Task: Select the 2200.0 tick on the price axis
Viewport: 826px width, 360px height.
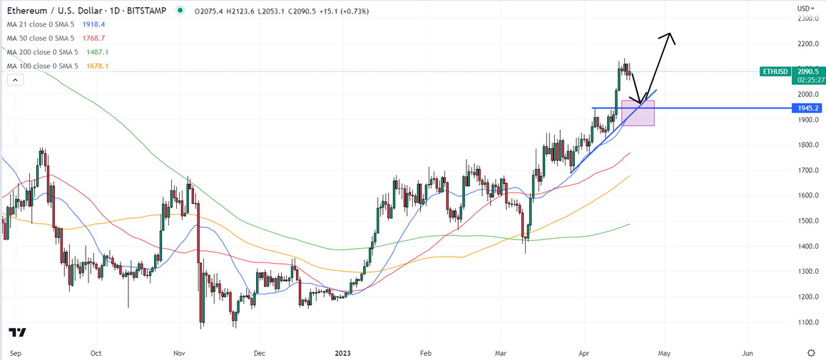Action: pyautogui.click(x=807, y=44)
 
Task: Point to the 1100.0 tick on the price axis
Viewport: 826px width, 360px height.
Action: pyautogui.click(x=807, y=322)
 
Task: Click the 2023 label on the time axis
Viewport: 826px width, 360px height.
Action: pyautogui.click(x=343, y=352)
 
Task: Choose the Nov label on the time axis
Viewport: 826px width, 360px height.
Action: pyautogui.click(x=179, y=352)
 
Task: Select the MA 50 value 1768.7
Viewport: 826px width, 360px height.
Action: pyautogui.click(x=94, y=38)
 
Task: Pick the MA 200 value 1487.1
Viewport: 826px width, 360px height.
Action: pyautogui.click(x=98, y=52)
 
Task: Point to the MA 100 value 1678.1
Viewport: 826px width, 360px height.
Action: pyautogui.click(x=98, y=66)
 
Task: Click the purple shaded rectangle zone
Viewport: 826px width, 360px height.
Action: pyautogui.click(x=638, y=114)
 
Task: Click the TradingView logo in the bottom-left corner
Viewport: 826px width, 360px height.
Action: pyautogui.click(x=18, y=333)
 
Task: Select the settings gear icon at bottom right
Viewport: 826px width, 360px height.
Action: pyautogui.click(x=811, y=352)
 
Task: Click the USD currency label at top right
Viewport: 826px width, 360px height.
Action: pyautogui.click(x=804, y=8)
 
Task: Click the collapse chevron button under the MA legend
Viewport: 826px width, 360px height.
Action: pyautogui.click(x=13, y=81)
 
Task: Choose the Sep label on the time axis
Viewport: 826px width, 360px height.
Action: pyautogui.click(x=16, y=352)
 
